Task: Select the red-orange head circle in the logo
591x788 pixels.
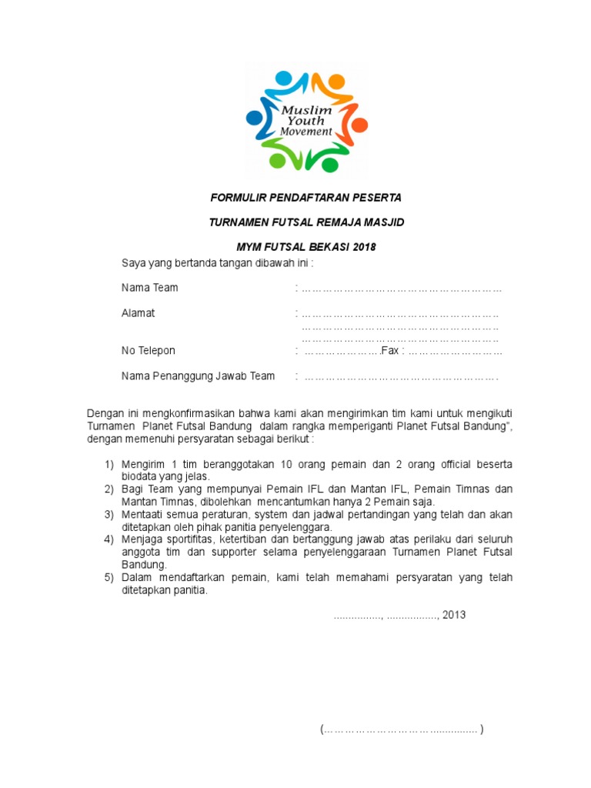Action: [360, 125]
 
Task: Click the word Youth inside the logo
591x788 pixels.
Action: [306, 121]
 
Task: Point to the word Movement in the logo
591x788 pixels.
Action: [306, 132]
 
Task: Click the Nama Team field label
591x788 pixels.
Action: [149, 288]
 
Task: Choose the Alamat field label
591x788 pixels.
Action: [138, 313]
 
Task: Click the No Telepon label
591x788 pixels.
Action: [148, 351]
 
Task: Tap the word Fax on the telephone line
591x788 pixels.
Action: [391, 351]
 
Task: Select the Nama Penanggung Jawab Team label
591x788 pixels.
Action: [198, 376]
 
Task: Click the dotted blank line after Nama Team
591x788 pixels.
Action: [401, 289]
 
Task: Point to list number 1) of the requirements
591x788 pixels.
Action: [109, 465]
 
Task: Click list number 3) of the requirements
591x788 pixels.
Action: [109, 514]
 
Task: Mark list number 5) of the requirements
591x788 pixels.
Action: [109, 577]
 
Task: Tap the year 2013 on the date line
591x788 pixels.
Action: [454, 615]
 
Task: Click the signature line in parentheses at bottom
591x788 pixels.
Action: [402, 730]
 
